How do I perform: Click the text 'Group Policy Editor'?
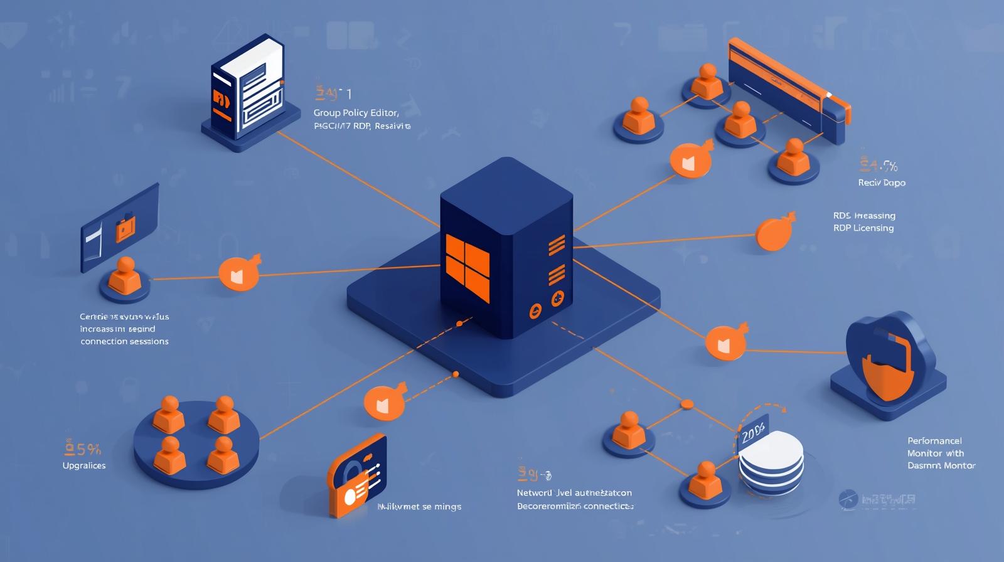(x=356, y=113)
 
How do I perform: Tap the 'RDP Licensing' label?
(x=863, y=228)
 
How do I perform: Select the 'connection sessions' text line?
(x=124, y=341)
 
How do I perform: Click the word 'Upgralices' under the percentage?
(x=84, y=465)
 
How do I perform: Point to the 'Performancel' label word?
(x=934, y=440)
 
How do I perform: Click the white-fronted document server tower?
(x=248, y=88)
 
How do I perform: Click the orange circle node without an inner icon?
(x=774, y=233)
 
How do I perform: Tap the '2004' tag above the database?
(x=753, y=433)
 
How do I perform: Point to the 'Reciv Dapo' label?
(x=882, y=183)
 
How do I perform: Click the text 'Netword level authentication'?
(x=574, y=492)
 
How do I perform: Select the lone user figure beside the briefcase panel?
(x=125, y=277)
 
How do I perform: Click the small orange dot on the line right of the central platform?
(x=686, y=404)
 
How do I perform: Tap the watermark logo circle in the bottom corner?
(x=848, y=499)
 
